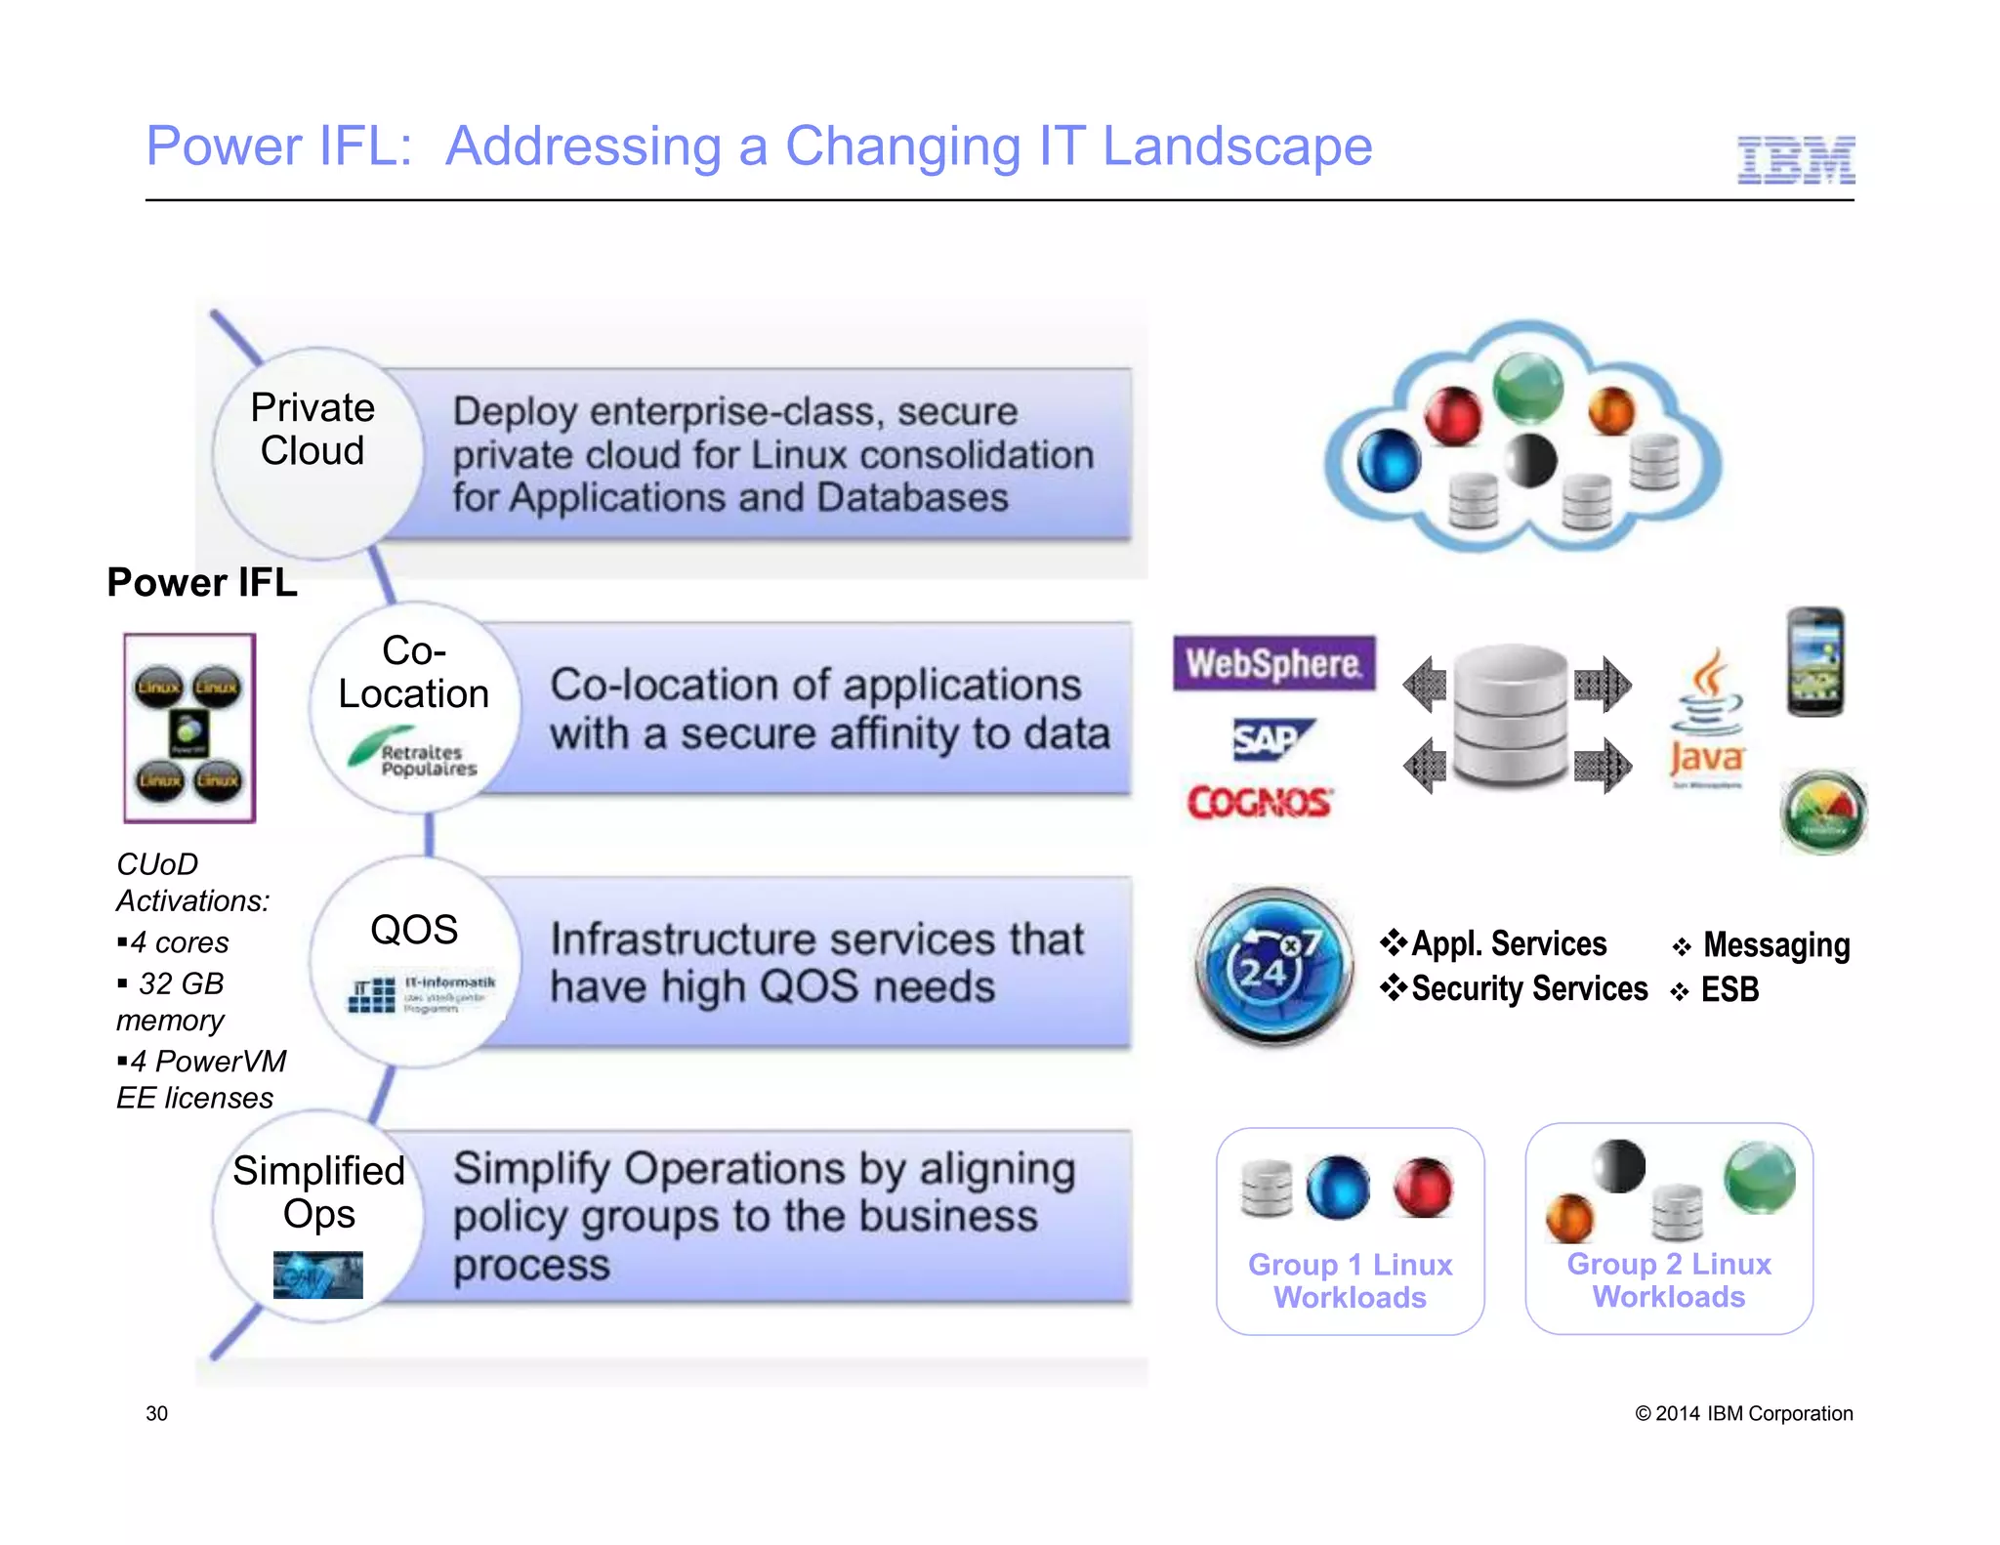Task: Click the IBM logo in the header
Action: pyautogui.click(x=1795, y=161)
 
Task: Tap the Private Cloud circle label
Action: pyautogui.click(x=312, y=430)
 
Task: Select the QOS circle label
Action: pyautogui.click(x=414, y=930)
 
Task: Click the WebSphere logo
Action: pyautogui.click(x=1273, y=664)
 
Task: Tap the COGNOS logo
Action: pyautogui.click(x=1260, y=803)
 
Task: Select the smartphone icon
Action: pyautogui.click(x=1814, y=662)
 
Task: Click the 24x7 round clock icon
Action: pyautogui.click(x=1273, y=965)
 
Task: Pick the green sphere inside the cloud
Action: pyautogui.click(x=1528, y=388)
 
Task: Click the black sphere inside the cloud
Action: pyautogui.click(x=1529, y=459)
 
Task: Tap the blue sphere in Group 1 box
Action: pyautogui.click(x=1338, y=1188)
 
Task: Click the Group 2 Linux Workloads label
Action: pyautogui.click(x=1668, y=1280)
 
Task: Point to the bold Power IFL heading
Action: pyautogui.click(x=202, y=582)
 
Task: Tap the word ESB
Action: pyautogui.click(x=1729, y=990)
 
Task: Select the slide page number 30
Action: pyautogui.click(x=156, y=1413)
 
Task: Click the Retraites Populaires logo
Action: pyautogui.click(x=414, y=754)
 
